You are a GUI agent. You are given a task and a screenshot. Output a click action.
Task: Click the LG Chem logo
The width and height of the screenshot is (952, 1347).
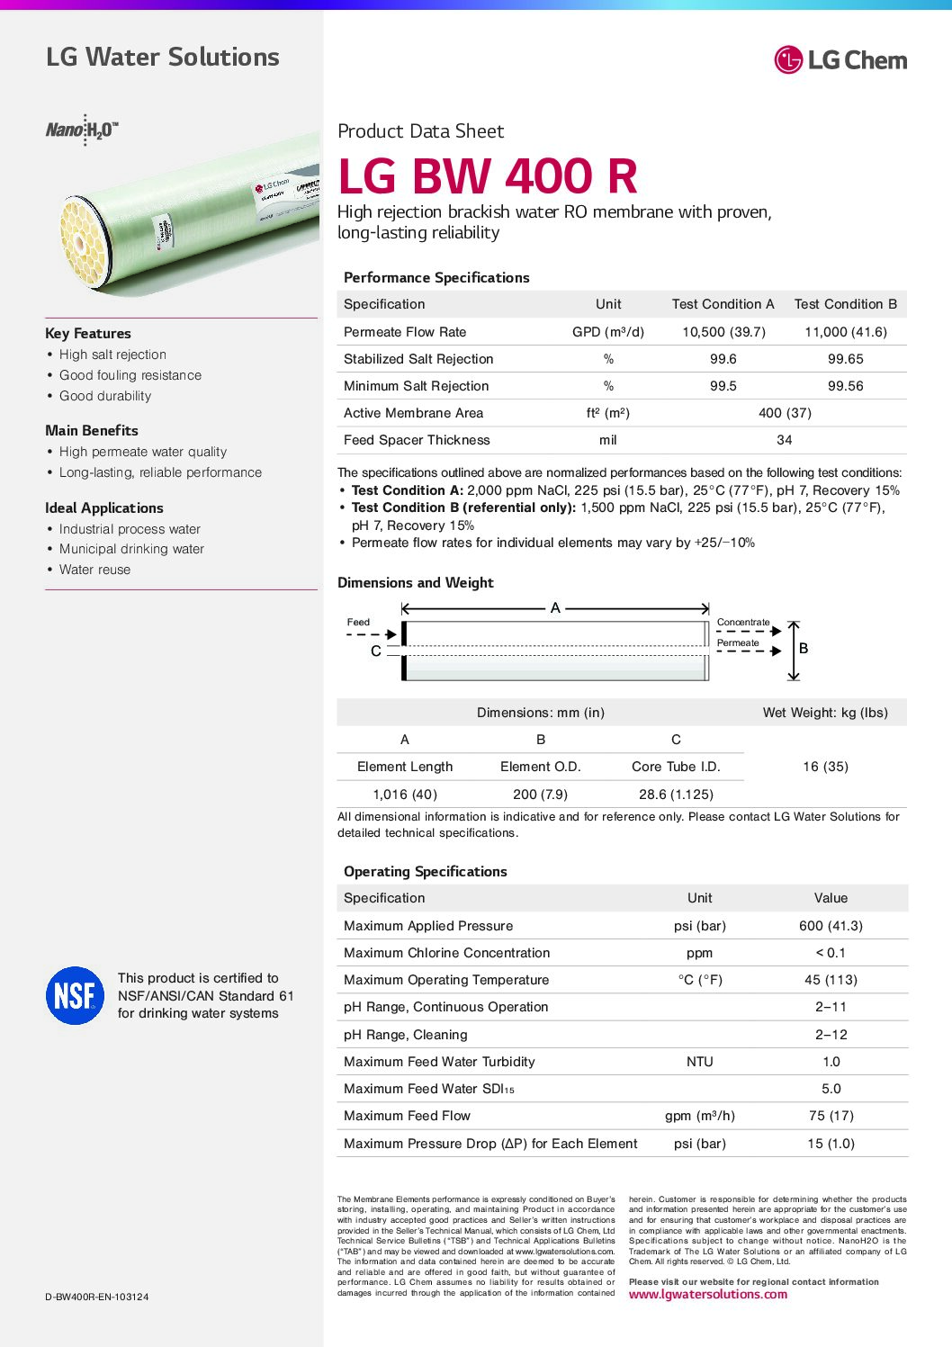pyautogui.click(x=840, y=60)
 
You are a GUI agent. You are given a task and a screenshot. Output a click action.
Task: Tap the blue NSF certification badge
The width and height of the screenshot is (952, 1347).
pyautogui.click(x=75, y=995)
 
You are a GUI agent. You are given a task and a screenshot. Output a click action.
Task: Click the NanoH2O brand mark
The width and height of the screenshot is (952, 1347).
pyautogui.click(x=82, y=130)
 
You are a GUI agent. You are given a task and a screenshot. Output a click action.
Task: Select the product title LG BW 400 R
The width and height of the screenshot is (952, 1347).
pyautogui.click(x=488, y=176)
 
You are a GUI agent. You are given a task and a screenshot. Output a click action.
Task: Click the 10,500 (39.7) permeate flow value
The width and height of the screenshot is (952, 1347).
pyautogui.click(x=723, y=332)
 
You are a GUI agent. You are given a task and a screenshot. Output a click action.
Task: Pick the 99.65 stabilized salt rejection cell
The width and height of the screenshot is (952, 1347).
pyautogui.click(x=845, y=359)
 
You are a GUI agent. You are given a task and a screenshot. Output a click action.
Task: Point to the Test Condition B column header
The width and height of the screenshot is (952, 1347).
pyautogui.click(x=845, y=304)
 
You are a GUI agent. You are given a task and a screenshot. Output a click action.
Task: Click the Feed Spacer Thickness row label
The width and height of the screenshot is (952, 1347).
pyautogui.click(x=417, y=440)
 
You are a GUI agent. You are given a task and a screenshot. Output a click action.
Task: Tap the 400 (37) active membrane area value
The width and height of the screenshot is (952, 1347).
pyautogui.click(x=785, y=413)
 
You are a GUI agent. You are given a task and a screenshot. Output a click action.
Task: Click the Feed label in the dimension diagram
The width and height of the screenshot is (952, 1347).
pyautogui.click(x=358, y=622)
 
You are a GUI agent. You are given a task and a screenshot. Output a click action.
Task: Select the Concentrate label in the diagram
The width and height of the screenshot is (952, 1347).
pyautogui.click(x=743, y=622)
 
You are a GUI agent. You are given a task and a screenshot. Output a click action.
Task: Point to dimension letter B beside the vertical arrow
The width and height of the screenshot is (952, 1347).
pyautogui.click(x=804, y=648)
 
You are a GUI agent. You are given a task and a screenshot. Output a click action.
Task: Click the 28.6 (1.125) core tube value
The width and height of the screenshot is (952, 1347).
pyautogui.click(x=676, y=795)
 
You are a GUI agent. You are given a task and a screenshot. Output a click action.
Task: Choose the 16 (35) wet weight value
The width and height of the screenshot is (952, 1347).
pyautogui.click(x=825, y=767)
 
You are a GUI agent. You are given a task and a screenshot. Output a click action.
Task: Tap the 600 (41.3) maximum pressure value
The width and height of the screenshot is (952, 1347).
pyautogui.click(x=831, y=926)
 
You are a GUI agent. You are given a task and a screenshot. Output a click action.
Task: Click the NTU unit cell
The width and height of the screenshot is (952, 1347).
pyautogui.click(x=699, y=1062)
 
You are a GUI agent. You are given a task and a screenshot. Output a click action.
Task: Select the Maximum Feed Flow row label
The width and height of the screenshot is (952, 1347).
pyautogui.click(x=407, y=1116)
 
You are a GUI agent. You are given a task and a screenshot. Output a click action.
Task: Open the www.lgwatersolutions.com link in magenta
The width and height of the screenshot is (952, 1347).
pyautogui.click(x=707, y=1295)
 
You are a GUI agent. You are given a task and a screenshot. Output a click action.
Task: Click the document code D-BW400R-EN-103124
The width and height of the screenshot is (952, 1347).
pyautogui.click(x=97, y=1297)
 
